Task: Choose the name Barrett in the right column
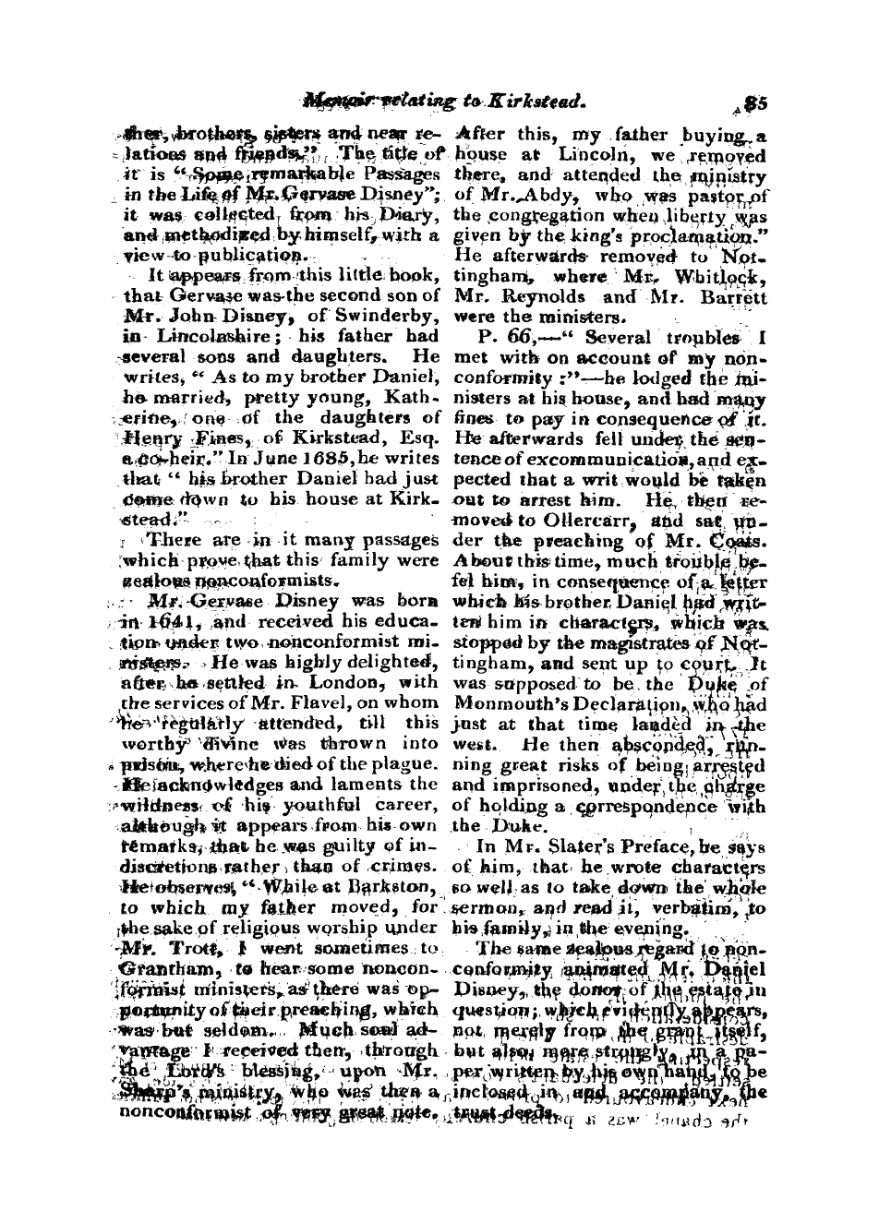pos(729,298)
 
